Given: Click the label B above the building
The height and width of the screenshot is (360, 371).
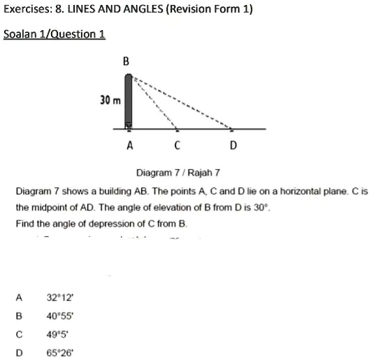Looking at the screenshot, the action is tap(126, 62).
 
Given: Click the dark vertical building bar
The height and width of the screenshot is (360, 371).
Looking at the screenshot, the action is tap(128, 101).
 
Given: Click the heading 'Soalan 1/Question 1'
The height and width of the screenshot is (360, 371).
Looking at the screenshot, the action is tap(54, 34).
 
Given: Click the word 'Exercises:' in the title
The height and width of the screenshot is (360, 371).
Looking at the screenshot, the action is tap(27, 10).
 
